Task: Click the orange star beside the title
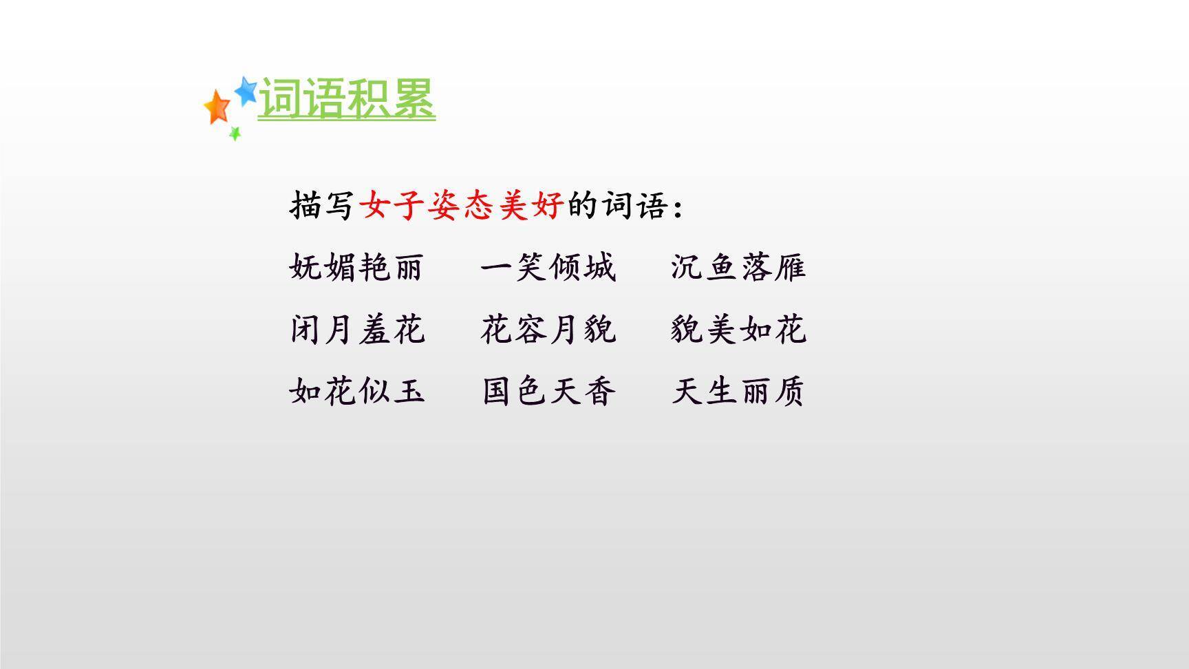(217, 107)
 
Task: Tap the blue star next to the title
(246, 90)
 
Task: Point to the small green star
(235, 133)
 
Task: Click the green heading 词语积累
(347, 98)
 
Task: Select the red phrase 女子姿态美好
(462, 205)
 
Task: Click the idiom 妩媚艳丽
(356, 267)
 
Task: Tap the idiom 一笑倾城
(548, 267)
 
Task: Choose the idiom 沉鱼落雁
(738, 267)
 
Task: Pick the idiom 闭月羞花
(356, 329)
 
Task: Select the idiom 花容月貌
(548, 329)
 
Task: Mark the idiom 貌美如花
(738, 329)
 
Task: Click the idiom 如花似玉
(356, 391)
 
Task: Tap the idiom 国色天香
(548, 391)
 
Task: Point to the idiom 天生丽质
(738, 391)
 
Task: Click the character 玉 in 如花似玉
(409, 391)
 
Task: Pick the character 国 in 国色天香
(497, 391)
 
